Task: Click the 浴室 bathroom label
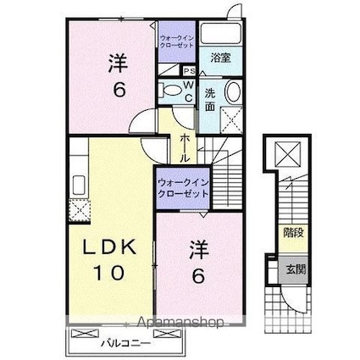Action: click(x=221, y=58)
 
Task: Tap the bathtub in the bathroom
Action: click(x=223, y=36)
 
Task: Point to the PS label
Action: click(x=189, y=71)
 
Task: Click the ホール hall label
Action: click(x=182, y=147)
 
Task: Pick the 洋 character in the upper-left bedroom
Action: click(x=117, y=61)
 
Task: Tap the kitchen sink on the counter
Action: click(x=78, y=184)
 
